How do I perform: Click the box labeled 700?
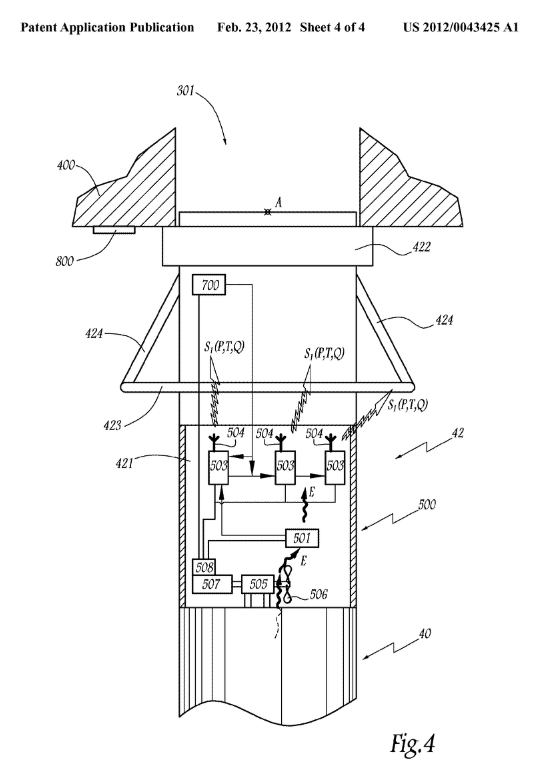point(208,285)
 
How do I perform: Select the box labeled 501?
point(301,538)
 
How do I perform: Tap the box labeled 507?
point(212,584)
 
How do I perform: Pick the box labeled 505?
point(258,584)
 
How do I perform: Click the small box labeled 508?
point(203,567)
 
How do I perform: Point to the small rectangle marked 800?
point(114,230)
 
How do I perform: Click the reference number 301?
point(185,91)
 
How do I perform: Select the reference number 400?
point(66,165)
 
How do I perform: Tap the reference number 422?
point(421,246)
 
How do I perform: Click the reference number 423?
point(112,425)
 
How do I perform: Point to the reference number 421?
point(124,463)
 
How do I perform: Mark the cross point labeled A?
point(268,212)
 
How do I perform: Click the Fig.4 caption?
point(412,743)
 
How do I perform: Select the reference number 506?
point(319,594)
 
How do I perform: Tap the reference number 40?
point(424,634)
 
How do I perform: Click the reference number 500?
point(426,504)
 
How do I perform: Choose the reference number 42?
point(457,432)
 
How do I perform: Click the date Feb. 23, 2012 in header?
point(254,27)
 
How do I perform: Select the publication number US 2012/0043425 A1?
point(461,27)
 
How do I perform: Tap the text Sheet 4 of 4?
point(332,27)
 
